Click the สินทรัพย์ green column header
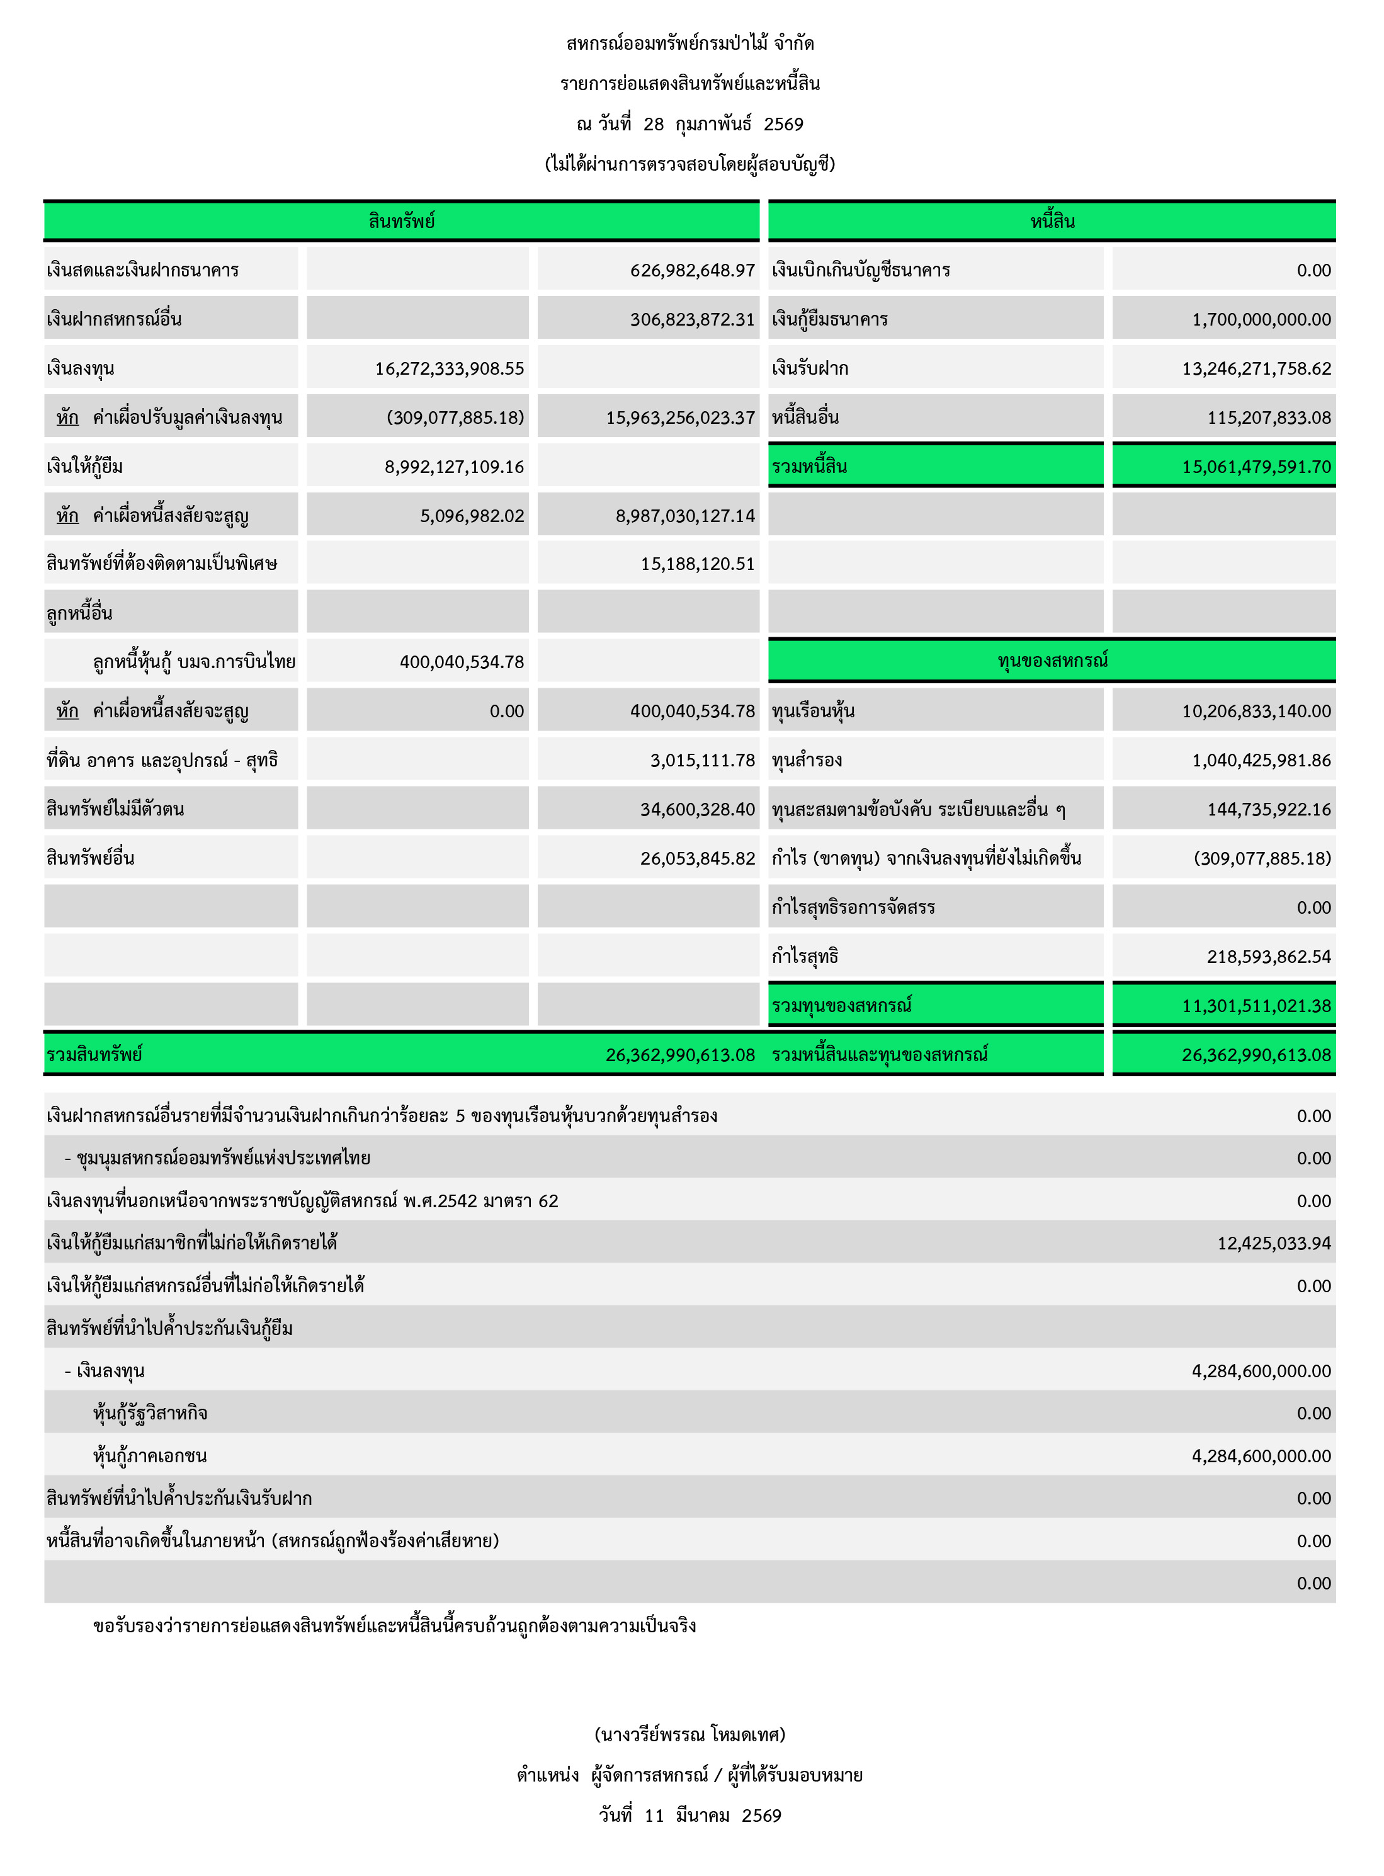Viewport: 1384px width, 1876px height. click(401, 221)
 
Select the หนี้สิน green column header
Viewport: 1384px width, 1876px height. click(1052, 221)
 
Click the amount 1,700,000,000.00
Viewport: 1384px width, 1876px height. click(1261, 319)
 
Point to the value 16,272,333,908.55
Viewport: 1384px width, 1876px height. click(449, 368)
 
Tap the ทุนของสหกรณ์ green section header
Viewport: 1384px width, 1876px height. click(1052, 660)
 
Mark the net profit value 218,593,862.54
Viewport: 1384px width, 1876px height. click(1268, 957)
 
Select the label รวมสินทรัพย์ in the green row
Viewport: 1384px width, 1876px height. click(94, 1055)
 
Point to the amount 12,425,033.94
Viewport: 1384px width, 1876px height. click(1273, 1243)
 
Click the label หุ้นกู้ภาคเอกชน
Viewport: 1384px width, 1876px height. click(150, 1456)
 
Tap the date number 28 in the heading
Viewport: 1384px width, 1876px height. click(654, 125)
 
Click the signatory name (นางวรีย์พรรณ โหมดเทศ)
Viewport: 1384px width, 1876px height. click(689, 1734)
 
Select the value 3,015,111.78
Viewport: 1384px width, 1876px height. click(702, 761)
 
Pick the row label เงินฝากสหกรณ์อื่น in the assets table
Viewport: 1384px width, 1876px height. click(114, 319)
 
